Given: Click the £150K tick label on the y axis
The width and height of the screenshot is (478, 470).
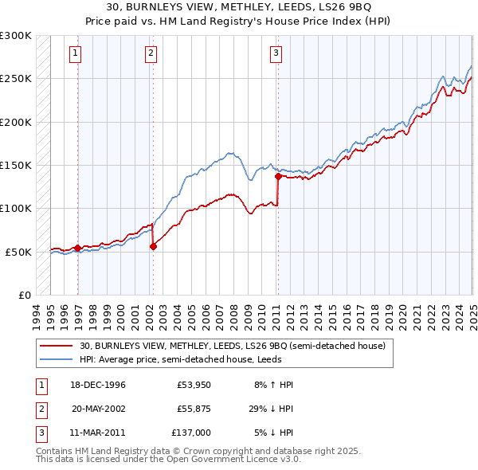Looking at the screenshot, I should pos(16,165).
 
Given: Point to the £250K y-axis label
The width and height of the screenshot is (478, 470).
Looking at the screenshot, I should pos(16,79).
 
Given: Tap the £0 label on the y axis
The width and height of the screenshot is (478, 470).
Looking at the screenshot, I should pos(24,295).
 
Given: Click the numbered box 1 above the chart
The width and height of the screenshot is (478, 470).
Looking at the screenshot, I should pos(75,53).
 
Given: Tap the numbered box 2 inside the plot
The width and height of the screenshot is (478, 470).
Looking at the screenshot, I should pos(151,53).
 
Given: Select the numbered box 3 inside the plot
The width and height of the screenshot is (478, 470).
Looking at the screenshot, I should pos(276,53).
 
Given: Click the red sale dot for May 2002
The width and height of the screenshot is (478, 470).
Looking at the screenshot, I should pos(153,246).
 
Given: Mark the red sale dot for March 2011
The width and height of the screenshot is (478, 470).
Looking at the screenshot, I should pos(278,176).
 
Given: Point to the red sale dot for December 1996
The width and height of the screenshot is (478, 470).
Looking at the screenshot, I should pos(77,248).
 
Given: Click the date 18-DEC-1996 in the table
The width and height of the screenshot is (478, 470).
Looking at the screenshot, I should pos(99,385).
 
